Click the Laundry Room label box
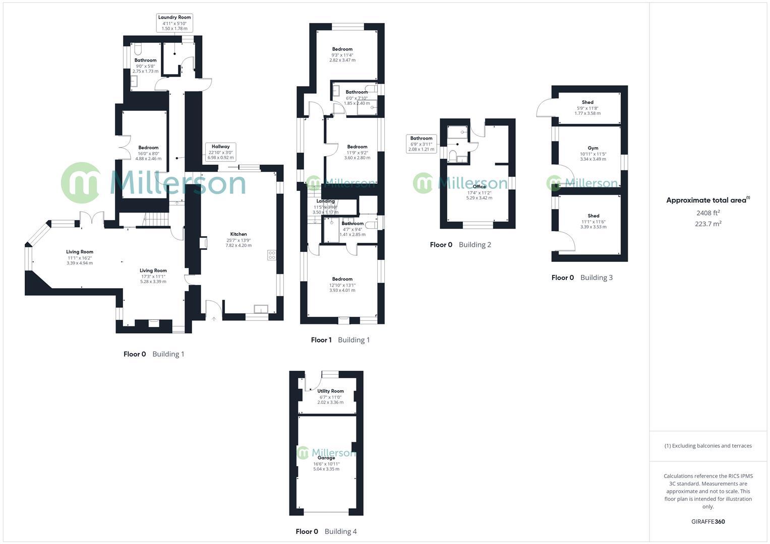tap(174, 23)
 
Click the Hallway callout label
tap(220, 152)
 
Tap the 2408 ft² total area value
tap(708, 213)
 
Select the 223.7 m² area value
tap(708, 224)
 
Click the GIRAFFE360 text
tap(708, 522)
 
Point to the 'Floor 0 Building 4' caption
tap(326, 531)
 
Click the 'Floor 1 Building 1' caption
tap(340, 340)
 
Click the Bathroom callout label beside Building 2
tap(421, 144)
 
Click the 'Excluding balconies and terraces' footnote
tap(708, 446)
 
